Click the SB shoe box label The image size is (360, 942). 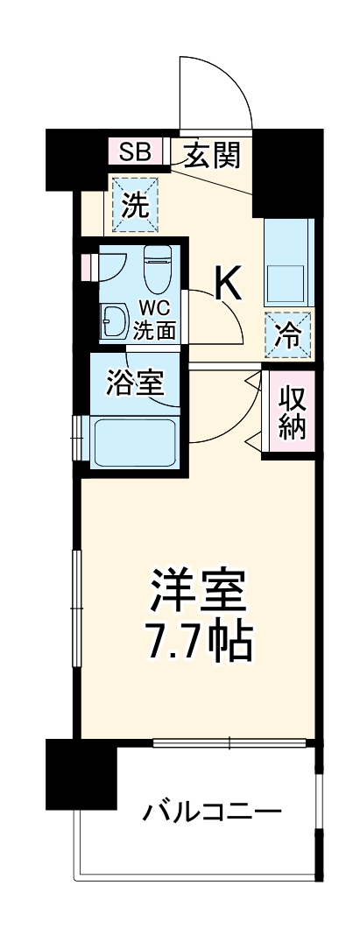[x=135, y=152]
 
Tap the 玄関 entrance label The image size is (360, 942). [x=210, y=155]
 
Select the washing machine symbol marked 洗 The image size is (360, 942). [x=134, y=204]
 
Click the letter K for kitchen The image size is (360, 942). [x=229, y=282]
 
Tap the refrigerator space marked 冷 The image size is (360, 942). [x=287, y=334]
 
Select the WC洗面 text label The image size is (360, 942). [x=155, y=320]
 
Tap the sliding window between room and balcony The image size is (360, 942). [x=230, y=743]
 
